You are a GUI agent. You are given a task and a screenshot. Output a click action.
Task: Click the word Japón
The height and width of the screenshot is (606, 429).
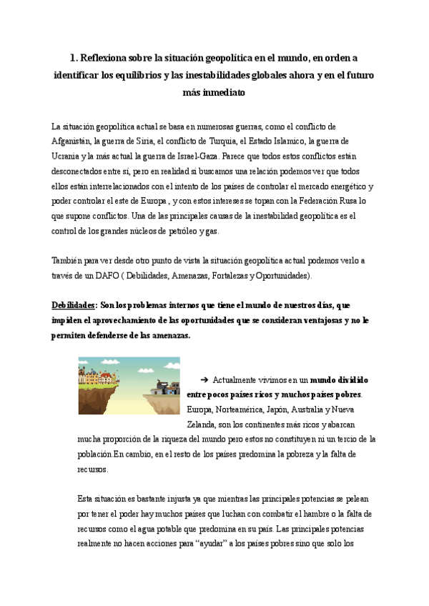[x=271, y=409]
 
